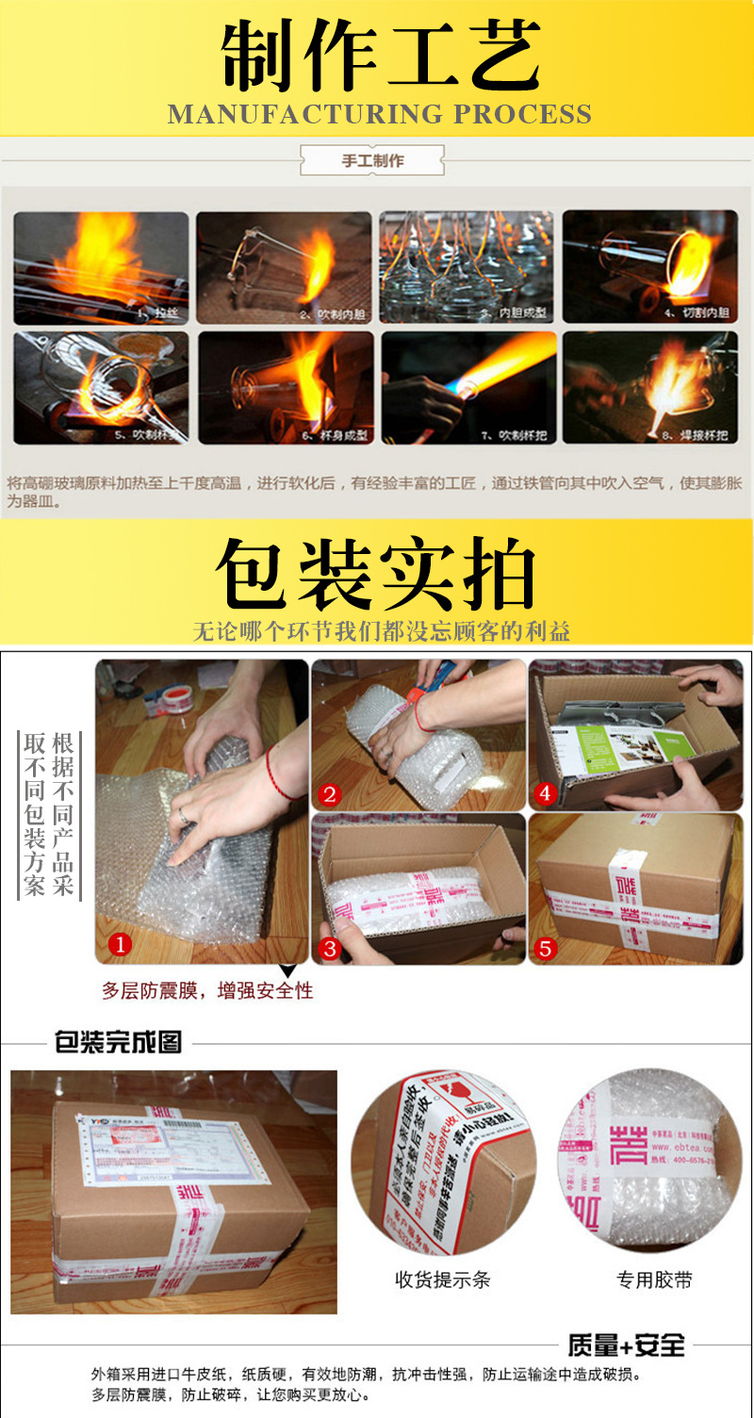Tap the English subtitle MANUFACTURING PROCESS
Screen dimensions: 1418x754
[379, 115]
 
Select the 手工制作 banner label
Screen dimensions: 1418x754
[372, 161]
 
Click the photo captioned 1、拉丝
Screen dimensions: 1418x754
[101, 268]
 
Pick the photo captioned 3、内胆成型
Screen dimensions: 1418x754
[467, 268]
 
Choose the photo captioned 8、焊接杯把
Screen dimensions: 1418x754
[649, 386]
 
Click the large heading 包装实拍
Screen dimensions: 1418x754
[377, 575]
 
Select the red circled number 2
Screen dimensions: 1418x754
[328, 794]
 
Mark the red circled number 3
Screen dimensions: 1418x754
[329, 948]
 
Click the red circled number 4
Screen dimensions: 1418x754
[544, 793]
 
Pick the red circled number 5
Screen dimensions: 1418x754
[544, 948]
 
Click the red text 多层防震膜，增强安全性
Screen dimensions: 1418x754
[207, 990]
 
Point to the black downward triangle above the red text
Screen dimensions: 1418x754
[287, 970]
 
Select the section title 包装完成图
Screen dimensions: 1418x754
[118, 1043]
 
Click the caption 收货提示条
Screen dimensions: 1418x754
[442, 1279]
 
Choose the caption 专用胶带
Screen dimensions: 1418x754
[654, 1279]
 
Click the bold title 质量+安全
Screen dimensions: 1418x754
[626, 1345]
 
